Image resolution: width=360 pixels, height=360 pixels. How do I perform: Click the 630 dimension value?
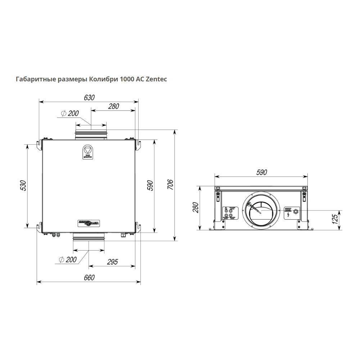[x=89, y=98]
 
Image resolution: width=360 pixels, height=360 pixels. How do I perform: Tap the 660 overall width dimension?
[x=89, y=278]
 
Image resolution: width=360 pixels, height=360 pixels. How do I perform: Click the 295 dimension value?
[x=112, y=262]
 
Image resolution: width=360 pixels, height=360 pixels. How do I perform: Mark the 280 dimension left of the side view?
[x=195, y=208]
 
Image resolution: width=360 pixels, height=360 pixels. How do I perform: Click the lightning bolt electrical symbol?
[x=288, y=215]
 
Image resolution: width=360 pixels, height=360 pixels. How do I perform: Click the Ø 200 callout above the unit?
[x=70, y=113]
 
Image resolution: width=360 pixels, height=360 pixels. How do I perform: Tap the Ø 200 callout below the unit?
[x=68, y=260]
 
